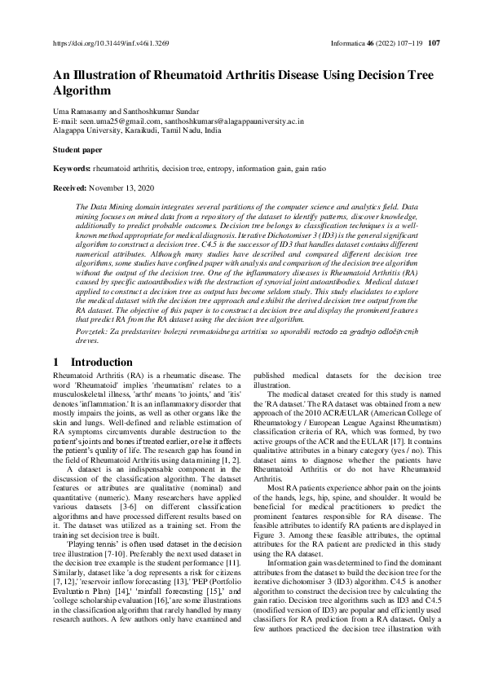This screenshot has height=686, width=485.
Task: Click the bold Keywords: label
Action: [72, 168]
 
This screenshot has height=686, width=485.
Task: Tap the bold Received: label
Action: [71, 187]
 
